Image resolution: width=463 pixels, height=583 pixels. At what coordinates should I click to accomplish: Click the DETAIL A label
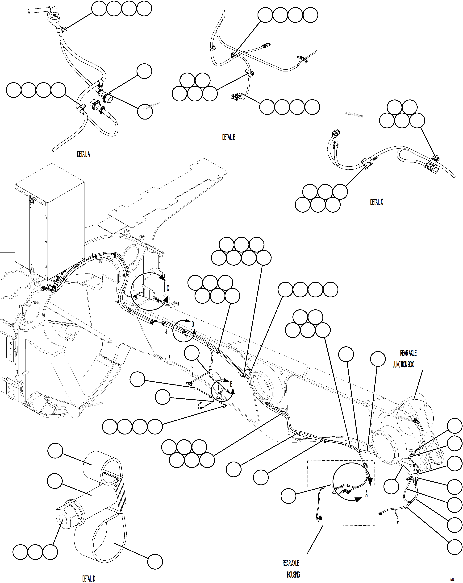pyautogui.click(x=83, y=154)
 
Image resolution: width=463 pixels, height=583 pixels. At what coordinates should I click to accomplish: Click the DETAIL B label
pyautogui.click(x=229, y=137)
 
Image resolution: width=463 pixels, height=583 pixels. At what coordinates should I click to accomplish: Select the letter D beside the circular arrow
pyautogui.click(x=193, y=324)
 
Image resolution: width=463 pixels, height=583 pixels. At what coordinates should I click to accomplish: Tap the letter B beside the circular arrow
pyautogui.click(x=231, y=384)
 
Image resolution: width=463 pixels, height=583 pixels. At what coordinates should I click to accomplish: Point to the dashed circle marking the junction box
pyautogui.click(x=415, y=418)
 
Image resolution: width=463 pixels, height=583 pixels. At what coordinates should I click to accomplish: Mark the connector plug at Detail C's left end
pyautogui.click(x=335, y=134)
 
